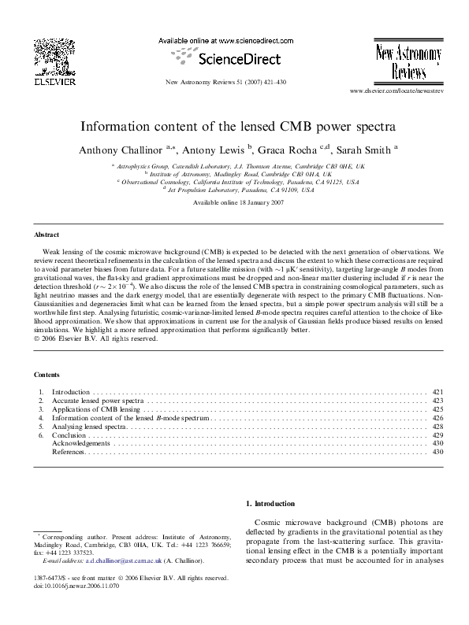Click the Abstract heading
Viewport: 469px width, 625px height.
[47, 235]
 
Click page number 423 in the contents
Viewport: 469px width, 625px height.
[440, 401]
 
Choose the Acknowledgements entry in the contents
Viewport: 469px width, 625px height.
[80, 444]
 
